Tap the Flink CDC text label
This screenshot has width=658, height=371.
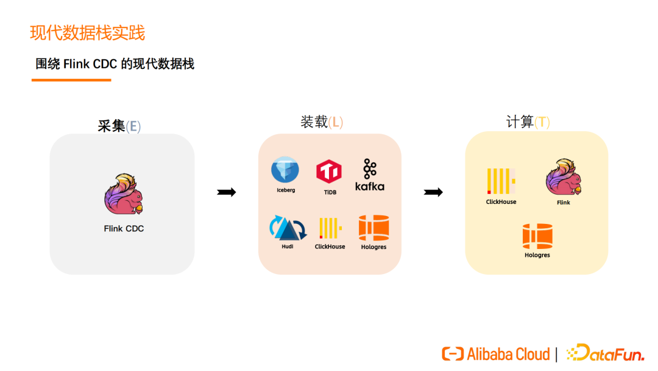[x=124, y=229]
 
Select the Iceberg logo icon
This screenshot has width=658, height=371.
[x=285, y=170]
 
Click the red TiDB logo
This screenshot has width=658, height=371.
[x=329, y=171]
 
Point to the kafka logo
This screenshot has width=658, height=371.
[x=369, y=175]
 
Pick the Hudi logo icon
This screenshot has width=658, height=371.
[x=287, y=228]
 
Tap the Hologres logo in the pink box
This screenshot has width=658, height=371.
[x=373, y=228]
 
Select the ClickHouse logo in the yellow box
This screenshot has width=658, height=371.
[x=501, y=181]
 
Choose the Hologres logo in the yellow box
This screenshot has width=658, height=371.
[x=537, y=236]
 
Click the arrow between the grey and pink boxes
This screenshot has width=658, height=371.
[x=226, y=193]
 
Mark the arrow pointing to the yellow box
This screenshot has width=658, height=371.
[x=433, y=193]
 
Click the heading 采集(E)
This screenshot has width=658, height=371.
[x=119, y=126]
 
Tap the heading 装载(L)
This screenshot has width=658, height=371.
[x=321, y=122]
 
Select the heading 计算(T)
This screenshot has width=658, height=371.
[x=528, y=122]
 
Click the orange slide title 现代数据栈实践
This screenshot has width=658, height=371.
[x=88, y=32]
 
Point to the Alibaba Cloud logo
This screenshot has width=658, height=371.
[x=495, y=353]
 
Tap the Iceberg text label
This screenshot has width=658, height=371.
[x=285, y=190]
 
